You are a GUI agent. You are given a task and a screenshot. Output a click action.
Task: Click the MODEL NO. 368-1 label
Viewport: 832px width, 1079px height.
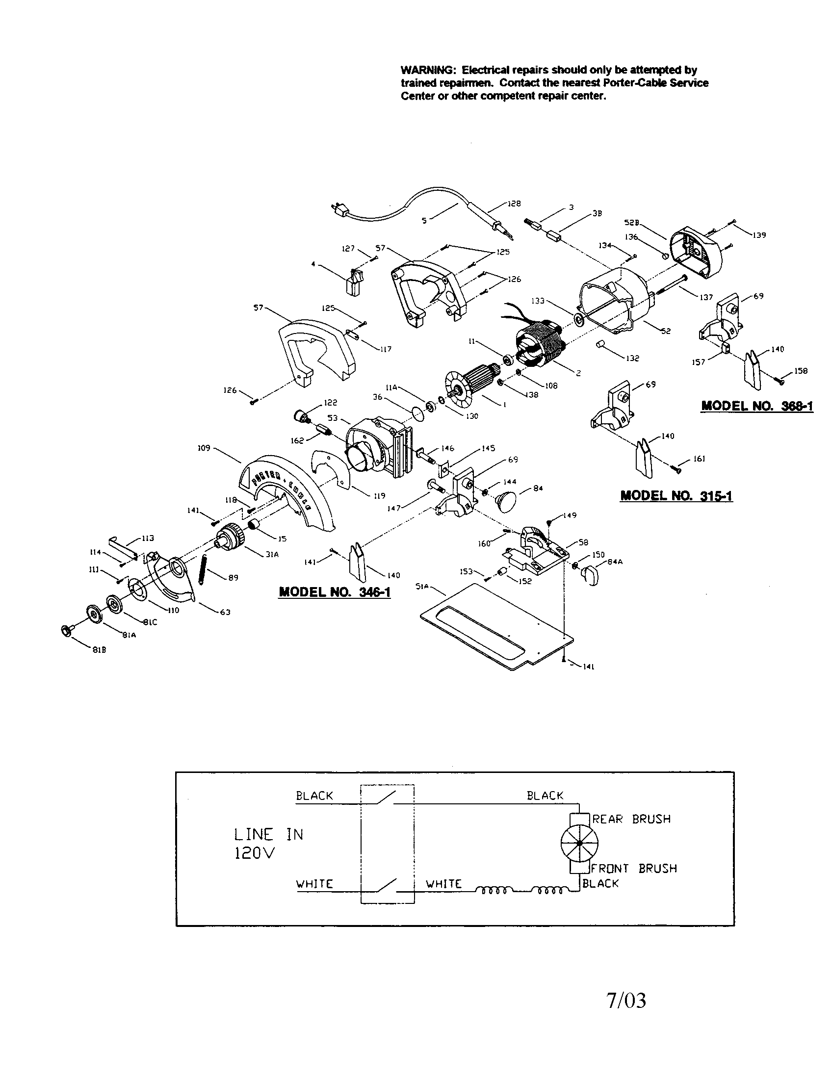point(757,406)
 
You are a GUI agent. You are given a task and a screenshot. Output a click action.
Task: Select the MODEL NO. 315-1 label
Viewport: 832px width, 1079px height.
point(676,495)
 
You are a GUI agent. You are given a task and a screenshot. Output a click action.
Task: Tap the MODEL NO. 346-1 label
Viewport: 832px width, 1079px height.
point(335,592)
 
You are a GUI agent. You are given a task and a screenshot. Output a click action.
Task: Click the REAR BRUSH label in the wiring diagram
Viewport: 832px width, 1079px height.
point(631,819)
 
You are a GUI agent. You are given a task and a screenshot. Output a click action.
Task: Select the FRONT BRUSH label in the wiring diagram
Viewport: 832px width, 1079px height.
point(634,869)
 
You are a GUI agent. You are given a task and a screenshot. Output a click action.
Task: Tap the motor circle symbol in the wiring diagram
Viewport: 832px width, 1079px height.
point(579,844)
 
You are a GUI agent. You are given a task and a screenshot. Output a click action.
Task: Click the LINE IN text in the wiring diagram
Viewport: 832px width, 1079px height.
point(268,835)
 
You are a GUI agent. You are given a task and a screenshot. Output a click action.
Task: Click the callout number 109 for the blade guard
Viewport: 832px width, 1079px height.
point(204,448)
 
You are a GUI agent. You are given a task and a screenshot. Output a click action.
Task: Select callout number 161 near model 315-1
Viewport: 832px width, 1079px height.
point(699,459)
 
